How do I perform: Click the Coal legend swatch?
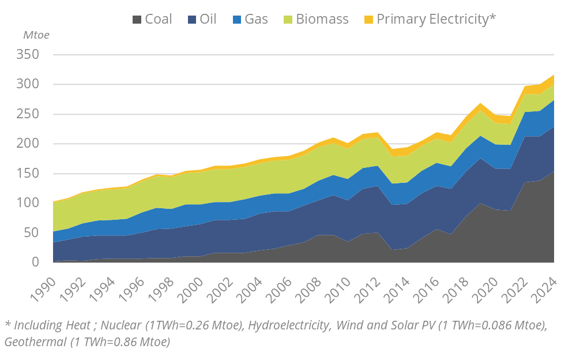(137, 19)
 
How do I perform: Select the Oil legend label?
(208, 19)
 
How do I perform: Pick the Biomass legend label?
(322, 19)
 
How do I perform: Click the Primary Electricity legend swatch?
(368, 19)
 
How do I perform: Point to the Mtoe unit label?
(36, 35)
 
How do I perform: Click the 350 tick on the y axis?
(28, 55)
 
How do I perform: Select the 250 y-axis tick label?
(28, 114)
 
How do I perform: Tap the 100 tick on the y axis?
(28, 203)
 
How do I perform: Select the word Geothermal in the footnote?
(35, 342)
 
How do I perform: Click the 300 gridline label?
(28, 84)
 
